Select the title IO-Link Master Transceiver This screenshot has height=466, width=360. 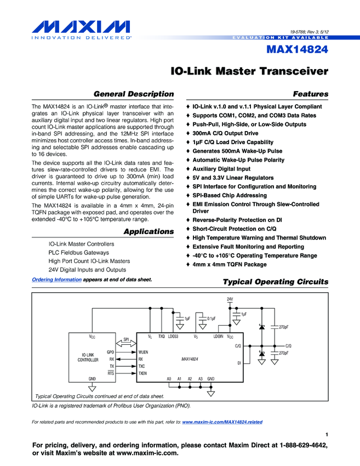249,71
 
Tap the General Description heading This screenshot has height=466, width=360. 134,94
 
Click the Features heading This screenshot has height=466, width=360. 311,94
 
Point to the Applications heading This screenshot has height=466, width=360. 148,231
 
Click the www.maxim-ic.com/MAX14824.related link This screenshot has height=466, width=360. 222,422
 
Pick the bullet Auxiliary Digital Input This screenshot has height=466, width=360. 221,169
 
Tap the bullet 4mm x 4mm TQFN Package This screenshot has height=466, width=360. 230,264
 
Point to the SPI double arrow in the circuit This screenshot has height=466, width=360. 125,344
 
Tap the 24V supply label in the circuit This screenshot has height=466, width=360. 230,299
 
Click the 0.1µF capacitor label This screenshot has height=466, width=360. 211,318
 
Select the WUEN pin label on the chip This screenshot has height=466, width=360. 144,351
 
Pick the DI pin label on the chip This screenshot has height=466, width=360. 239,363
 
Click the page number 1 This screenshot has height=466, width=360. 326,435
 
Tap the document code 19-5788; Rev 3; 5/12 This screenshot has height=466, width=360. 309,32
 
